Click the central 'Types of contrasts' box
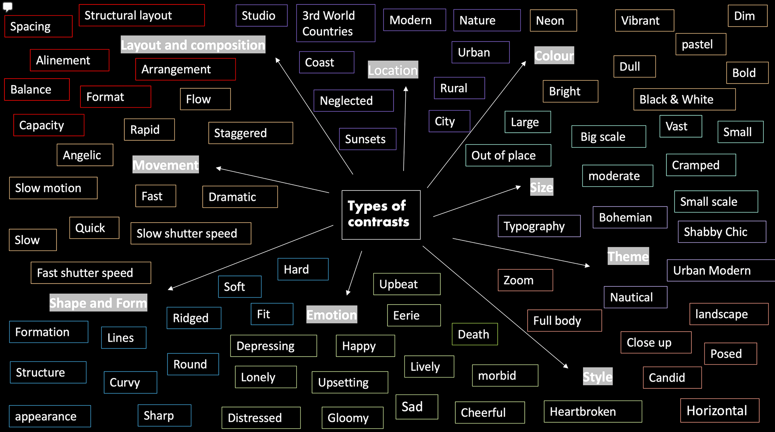coord(381,215)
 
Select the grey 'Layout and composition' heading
coord(193,45)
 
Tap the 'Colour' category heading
coord(554,55)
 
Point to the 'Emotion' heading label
coord(332,315)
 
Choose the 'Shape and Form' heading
coord(98,303)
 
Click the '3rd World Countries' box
coord(336,23)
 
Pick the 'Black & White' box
coord(685,99)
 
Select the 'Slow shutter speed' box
coord(191,233)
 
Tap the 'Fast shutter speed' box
coord(91,273)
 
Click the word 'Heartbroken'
coord(583,411)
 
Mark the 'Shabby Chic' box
coord(722,232)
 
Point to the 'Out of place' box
coord(508,155)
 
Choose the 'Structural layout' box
coord(142,15)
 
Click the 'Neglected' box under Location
coord(354,100)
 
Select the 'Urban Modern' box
coord(721,270)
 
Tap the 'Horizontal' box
coord(720,411)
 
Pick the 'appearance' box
coord(50,416)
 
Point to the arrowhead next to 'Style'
coord(566,366)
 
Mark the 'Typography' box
coord(539,226)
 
